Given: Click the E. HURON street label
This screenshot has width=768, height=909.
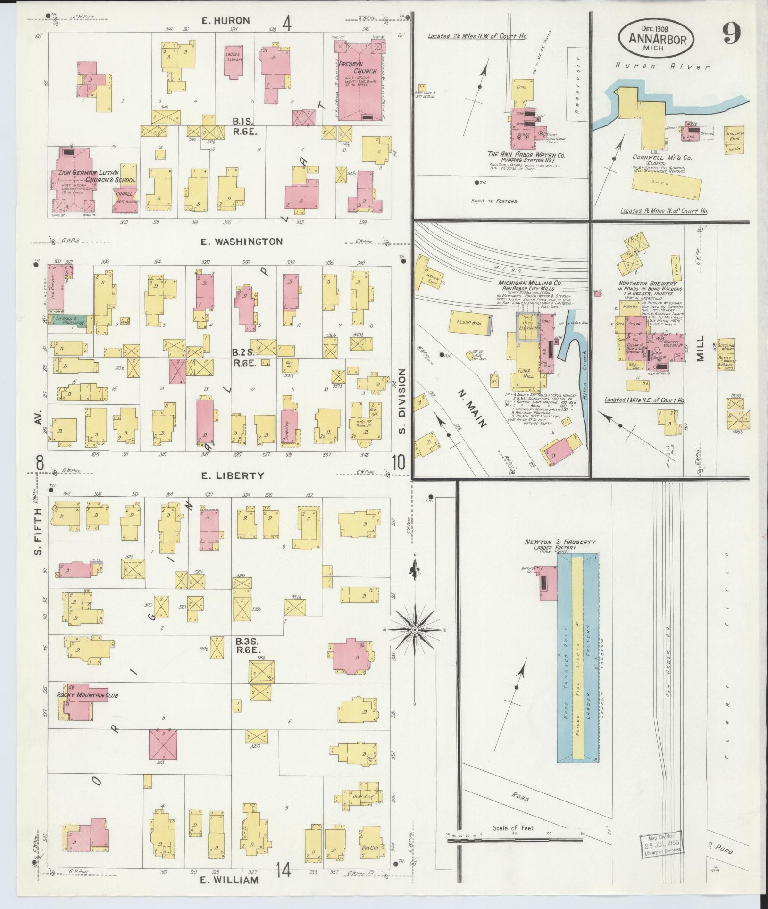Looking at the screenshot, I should point(225,21).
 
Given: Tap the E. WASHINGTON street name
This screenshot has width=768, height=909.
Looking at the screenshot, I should point(242,242).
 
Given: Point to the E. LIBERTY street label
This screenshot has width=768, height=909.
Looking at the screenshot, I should point(239,475).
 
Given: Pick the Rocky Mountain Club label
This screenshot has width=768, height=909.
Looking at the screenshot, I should point(87,695).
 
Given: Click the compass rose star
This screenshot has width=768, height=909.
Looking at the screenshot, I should point(414,630).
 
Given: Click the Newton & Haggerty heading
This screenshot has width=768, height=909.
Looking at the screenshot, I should point(560,542).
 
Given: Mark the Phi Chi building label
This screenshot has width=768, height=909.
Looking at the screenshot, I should point(371,848).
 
